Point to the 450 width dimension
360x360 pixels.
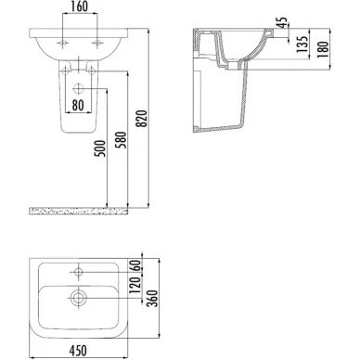tap(80, 350)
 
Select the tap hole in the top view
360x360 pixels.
tap(81, 273)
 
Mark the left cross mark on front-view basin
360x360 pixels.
tap(63, 43)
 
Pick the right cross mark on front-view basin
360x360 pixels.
tap(96, 43)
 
